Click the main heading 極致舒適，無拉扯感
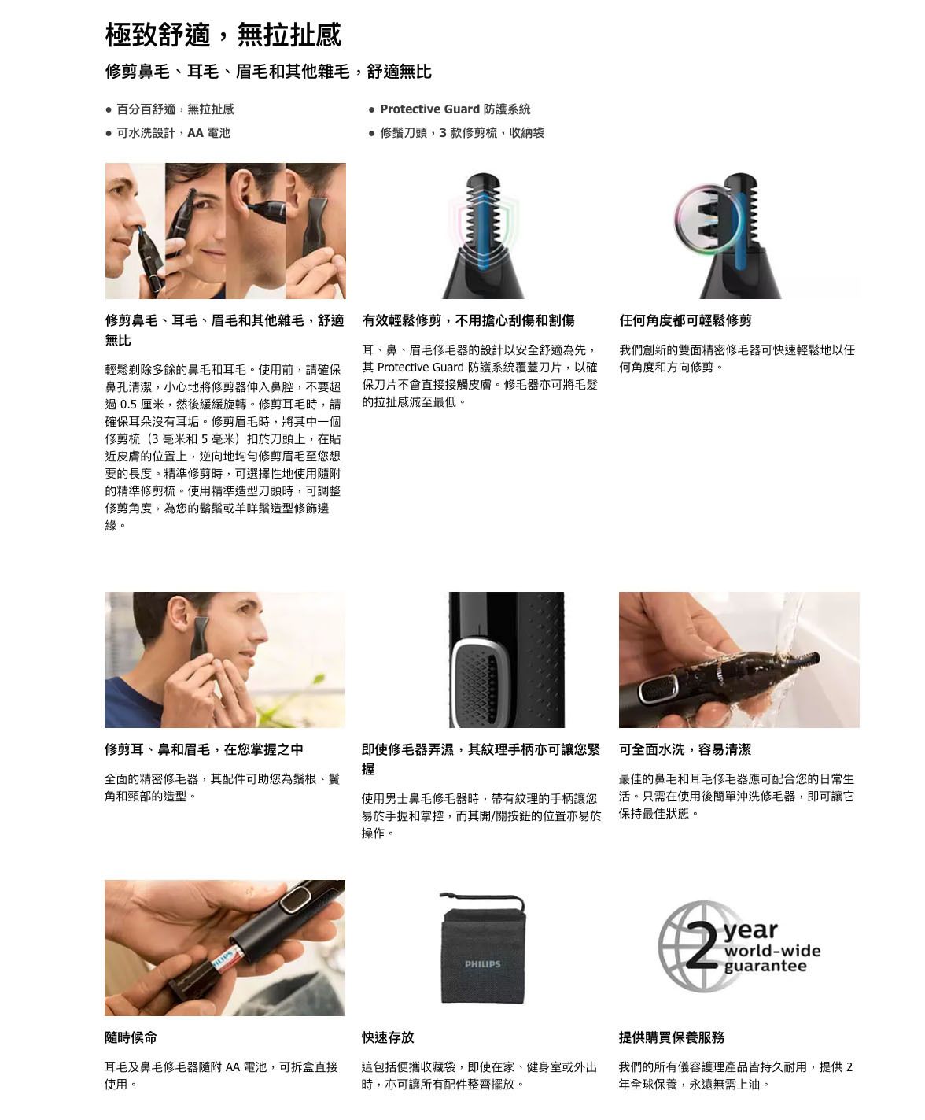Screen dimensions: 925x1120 tap(223, 35)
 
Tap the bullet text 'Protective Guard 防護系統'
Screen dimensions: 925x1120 tap(455, 109)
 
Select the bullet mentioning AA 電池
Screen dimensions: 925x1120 tap(173, 133)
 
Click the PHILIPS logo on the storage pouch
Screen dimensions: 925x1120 tap(483, 964)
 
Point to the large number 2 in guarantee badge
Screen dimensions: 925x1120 tap(702, 947)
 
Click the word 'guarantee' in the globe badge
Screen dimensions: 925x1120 tap(765, 967)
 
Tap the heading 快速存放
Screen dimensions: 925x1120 tap(388, 1037)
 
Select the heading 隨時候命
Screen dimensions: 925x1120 tap(131, 1037)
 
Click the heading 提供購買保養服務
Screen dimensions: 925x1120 tap(672, 1037)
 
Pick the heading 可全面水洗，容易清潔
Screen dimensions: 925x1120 tap(685, 749)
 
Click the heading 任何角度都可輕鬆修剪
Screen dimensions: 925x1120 tap(685, 321)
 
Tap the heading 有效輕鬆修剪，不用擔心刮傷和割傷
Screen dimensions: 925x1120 tap(468, 321)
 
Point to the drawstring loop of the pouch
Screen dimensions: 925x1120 tap(482, 900)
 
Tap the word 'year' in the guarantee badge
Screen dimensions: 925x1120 tap(750, 931)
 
